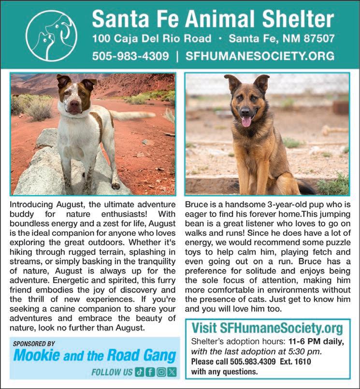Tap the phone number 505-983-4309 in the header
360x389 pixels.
point(130,56)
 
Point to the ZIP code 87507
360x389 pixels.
point(316,38)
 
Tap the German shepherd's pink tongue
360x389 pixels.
point(246,121)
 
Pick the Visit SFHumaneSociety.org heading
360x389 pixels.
point(267,329)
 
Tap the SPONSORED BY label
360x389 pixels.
point(33,344)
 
